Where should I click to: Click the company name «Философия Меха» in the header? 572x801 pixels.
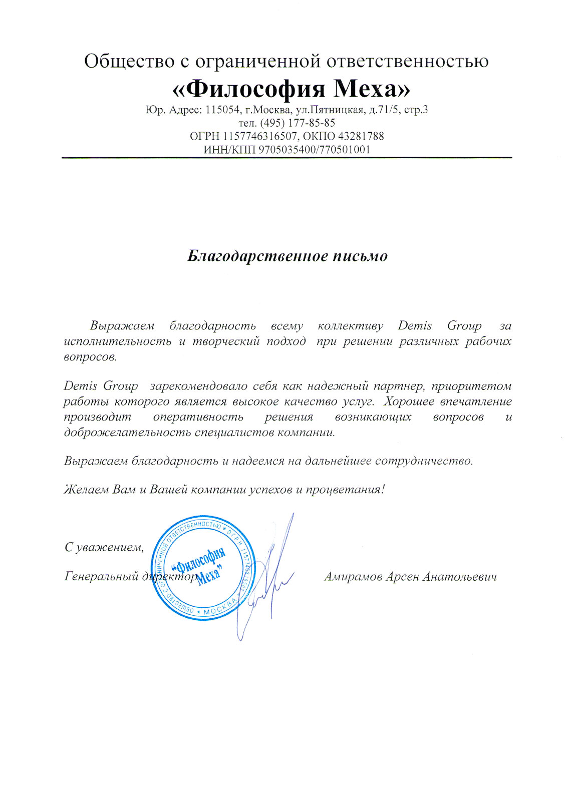point(291,89)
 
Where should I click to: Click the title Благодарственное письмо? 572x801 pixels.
point(288,256)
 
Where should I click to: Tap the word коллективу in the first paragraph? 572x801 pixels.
point(351,326)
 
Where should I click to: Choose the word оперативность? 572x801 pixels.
point(198,417)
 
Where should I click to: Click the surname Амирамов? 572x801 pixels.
point(354,577)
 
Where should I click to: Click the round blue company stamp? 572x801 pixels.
point(203,568)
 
